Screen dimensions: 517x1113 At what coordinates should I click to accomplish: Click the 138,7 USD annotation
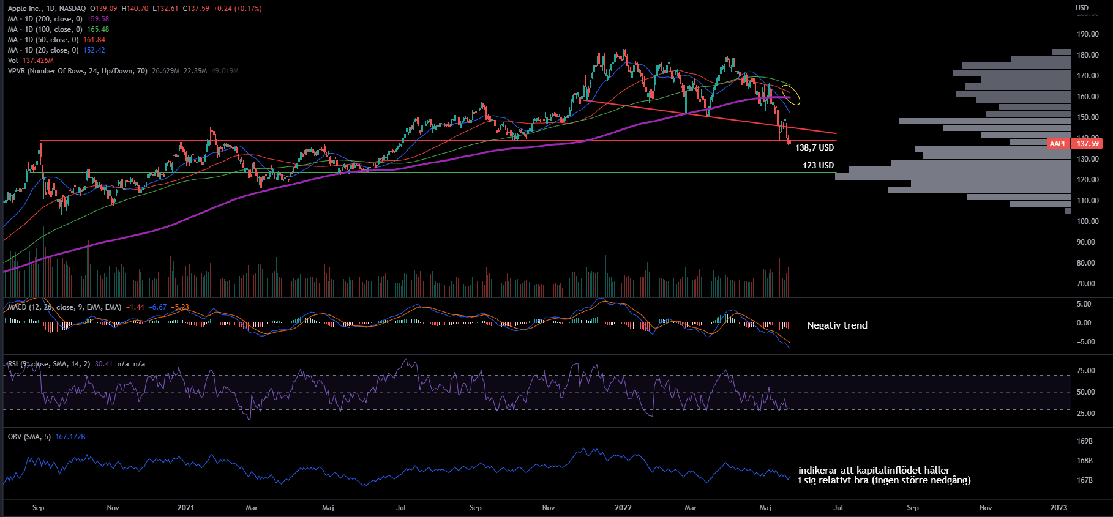point(814,147)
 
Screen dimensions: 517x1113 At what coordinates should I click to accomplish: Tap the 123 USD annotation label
point(818,165)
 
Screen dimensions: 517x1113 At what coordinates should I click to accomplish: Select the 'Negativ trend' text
point(837,325)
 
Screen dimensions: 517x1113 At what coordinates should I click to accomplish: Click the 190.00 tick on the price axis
point(1087,34)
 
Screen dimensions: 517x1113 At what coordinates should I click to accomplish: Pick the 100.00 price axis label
point(1087,221)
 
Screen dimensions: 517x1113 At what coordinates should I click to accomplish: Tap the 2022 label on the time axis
point(623,508)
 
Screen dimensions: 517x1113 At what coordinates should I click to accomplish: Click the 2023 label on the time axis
point(1059,508)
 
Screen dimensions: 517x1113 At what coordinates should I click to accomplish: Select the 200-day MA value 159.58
point(98,19)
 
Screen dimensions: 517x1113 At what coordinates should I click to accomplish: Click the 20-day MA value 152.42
point(94,50)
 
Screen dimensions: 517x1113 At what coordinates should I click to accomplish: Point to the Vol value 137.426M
point(38,61)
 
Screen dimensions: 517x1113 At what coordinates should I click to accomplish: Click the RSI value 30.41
point(103,364)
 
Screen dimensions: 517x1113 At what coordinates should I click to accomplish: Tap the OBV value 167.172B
point(70,437)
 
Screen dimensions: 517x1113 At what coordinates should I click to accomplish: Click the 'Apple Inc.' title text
point(25,9)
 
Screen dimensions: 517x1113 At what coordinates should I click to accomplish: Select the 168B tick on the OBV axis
point(1084,461)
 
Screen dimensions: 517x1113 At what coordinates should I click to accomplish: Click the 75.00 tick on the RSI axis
point(1085,371)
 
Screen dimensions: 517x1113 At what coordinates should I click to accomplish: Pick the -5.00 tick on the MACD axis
point(1084,342)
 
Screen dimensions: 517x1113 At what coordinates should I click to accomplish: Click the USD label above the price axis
point(1082,8)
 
